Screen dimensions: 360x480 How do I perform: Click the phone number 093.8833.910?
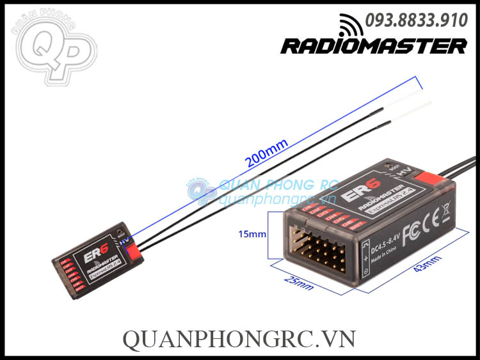416,21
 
